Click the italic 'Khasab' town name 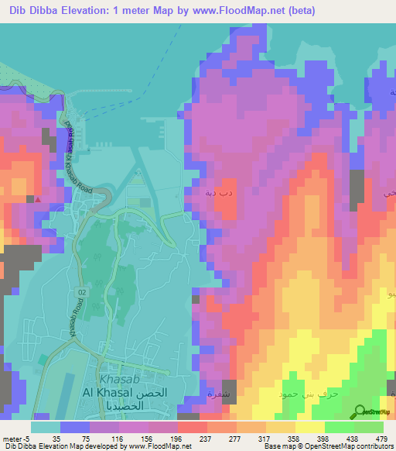coord(120,379)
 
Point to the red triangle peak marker coord(38,198)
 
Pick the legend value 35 coord(56,439)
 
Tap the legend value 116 coord(109,439)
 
